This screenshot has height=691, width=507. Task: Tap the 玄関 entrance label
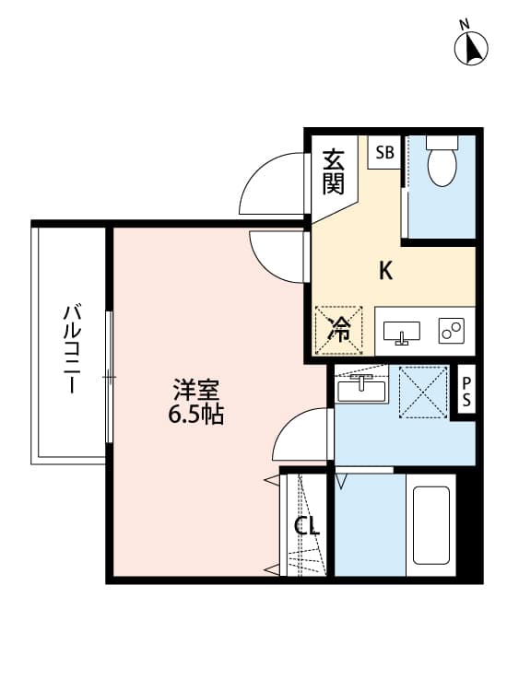(333, 172)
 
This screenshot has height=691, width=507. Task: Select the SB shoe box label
(383, 153)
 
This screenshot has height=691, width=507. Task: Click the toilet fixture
(442, 161)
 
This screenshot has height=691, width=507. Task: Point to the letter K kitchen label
(387, 271)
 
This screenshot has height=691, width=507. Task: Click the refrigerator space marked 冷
(340, 329)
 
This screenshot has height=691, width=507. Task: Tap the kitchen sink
(401, 332)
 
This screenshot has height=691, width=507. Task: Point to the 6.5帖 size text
(195, 415)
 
